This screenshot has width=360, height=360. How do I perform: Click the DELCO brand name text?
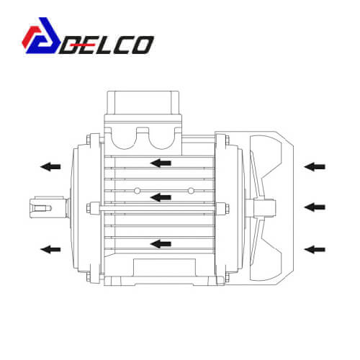point(107,45)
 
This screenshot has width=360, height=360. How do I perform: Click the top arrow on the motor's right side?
point(315,166)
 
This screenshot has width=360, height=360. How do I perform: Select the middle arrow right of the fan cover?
point(315,207)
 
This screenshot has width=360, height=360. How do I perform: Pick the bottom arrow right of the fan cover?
point(315,249)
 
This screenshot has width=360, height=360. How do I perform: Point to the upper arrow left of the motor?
point(50,166)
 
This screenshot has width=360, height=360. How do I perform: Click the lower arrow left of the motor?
point(50,249)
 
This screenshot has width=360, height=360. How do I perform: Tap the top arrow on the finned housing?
point(161,163)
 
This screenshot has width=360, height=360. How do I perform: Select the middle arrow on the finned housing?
point(161,197)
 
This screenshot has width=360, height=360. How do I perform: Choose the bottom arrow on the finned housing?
point(161,244)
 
